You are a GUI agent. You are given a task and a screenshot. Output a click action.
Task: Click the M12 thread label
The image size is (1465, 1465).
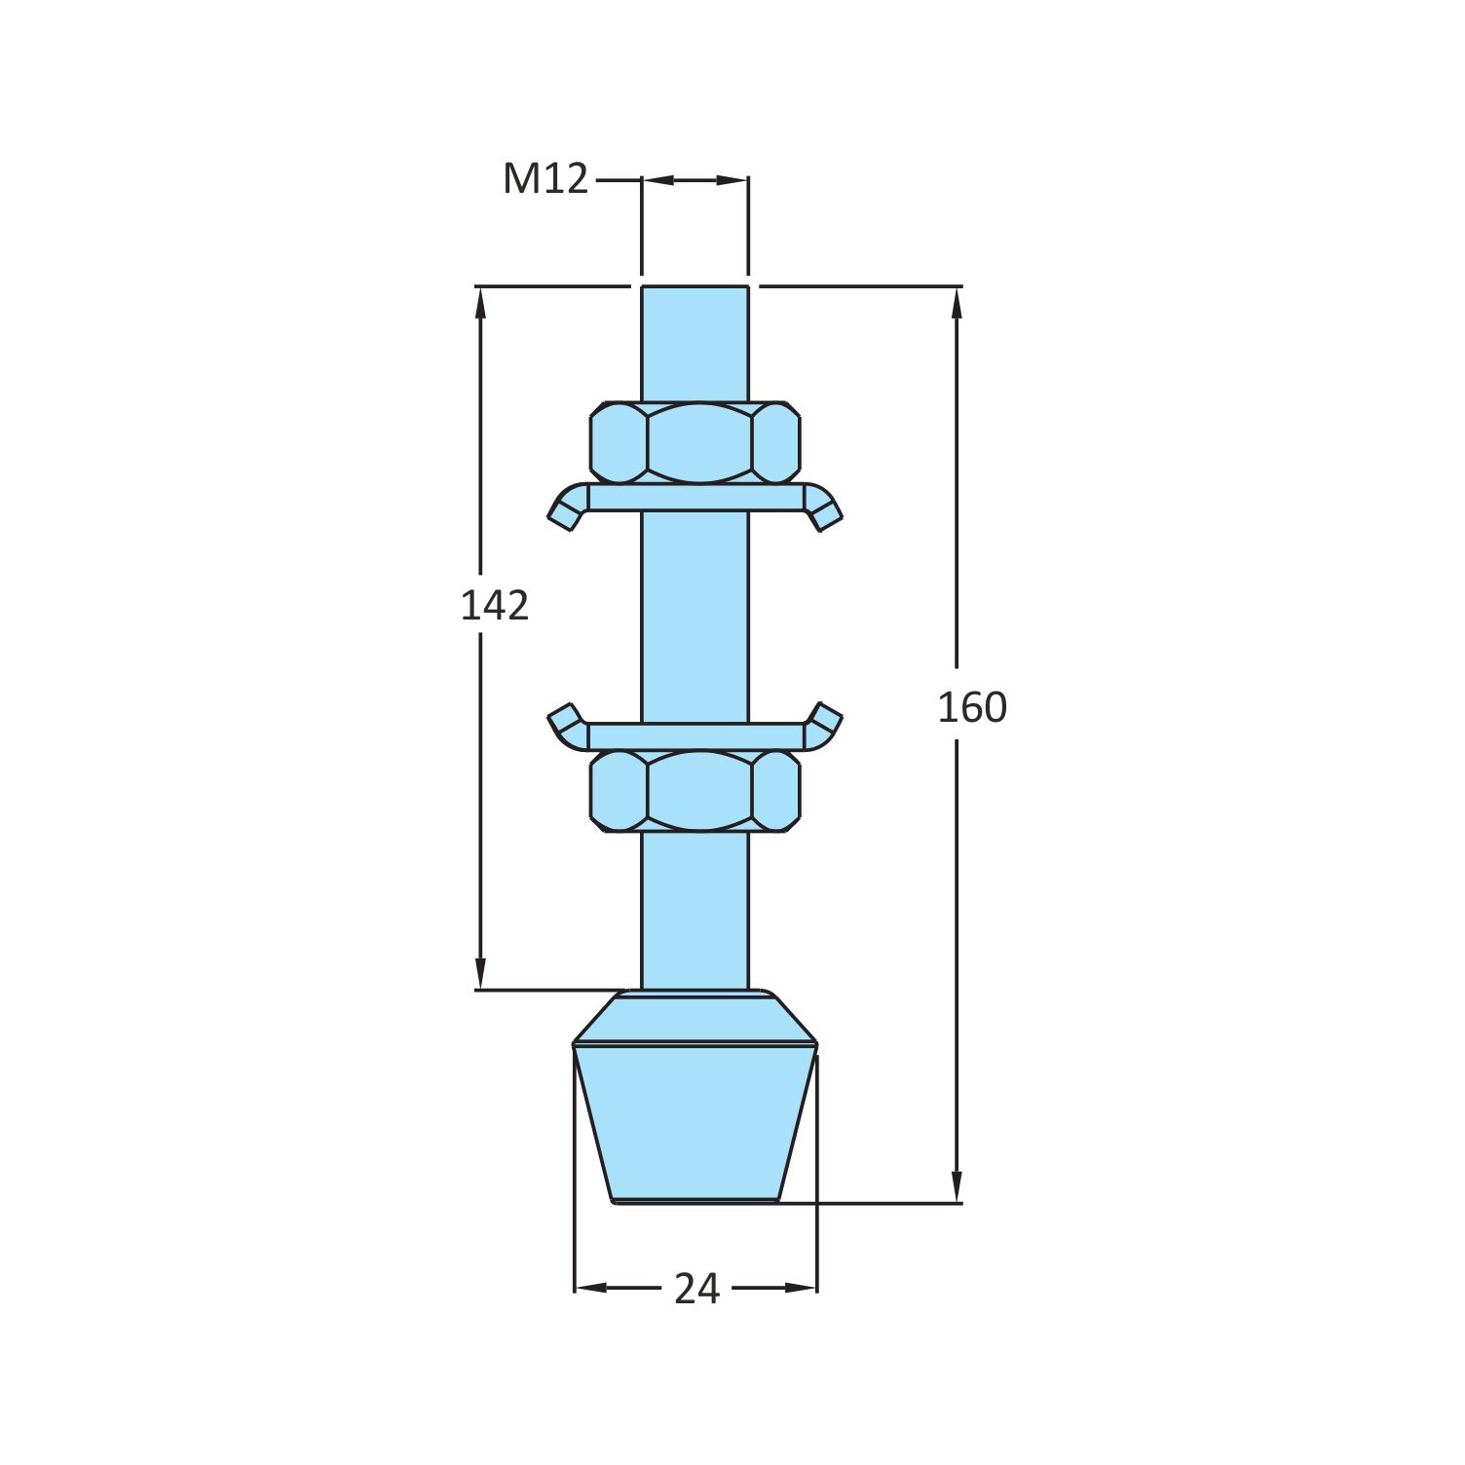coord(545,179)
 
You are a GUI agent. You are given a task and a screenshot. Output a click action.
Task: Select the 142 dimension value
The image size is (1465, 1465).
coord(494,606)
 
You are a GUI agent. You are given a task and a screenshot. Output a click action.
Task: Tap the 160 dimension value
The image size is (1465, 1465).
coord(971,708)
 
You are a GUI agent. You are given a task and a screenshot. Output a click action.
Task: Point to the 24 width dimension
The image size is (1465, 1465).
coord(696,1290)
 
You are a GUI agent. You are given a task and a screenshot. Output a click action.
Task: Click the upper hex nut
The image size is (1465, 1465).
coord(695,442)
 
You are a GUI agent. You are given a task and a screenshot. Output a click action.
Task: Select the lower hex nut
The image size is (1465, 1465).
coord(695,790)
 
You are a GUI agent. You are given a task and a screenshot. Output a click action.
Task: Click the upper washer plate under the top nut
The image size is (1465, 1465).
coord(695,498)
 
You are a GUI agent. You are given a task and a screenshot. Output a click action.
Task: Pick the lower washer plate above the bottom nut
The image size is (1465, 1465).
coord(695,736)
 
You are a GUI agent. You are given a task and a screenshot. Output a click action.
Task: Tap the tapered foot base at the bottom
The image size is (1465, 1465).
coord(695,1120)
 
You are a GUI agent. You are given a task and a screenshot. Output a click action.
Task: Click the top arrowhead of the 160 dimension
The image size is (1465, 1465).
coord(957,302)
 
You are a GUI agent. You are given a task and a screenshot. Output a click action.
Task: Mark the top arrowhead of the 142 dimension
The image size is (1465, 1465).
coord(480,302)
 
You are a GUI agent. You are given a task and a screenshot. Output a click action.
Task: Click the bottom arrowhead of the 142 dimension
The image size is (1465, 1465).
coord(480,974)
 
